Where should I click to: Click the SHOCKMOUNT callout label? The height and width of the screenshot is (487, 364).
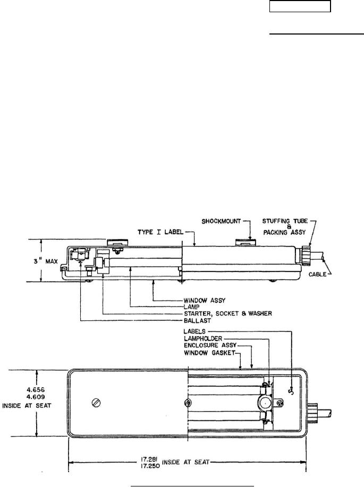(221, 221)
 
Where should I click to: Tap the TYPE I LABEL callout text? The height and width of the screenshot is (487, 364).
(160, 232)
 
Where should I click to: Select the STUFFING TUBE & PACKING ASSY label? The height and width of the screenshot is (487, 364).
(285, 226)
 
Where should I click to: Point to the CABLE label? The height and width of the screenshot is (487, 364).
(317, 274)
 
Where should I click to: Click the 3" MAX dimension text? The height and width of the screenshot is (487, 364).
(46, 261)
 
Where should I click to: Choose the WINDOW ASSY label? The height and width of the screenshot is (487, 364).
(204, 301)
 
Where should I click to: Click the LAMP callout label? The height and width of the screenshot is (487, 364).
(191, 306)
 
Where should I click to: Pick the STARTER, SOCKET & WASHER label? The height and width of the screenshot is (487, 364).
(227, 313)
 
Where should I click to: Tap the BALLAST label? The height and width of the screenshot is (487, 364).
(197, 320)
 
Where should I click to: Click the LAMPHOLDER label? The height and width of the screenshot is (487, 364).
(202, 338)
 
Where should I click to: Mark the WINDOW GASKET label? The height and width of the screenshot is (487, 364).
(209, 353)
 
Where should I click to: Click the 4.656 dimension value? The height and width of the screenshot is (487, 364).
(36, 389)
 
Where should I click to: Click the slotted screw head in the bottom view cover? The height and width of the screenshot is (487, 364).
(96, 403)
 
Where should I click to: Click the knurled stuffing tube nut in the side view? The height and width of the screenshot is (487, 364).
(306, 255)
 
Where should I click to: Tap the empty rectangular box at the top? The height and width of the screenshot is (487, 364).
(300, 6)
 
